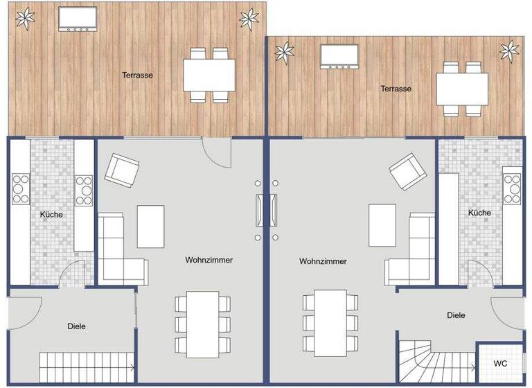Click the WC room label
click(x=499, y=363)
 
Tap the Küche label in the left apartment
click(x=51, y=215)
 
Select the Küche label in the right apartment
click(x=479, y=213)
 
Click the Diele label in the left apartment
click(x=77, y=326)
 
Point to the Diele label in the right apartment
click(x=456, y=315)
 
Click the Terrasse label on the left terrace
click(x=137, y=75)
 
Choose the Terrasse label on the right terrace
click(x=396, y=89)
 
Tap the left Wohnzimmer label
click(x=209, y=261)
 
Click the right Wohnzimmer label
click(x=323, y=261)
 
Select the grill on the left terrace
click(x=77, y=19)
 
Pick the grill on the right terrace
click(x=339, y=56)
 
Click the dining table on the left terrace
click(x=210, y=75)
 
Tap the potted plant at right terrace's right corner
click(x=510, y=50)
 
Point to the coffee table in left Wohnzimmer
click(x=150, y=227)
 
